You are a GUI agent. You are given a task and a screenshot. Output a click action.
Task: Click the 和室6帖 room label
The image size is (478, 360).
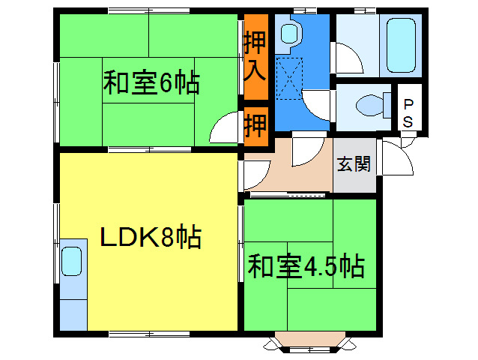(151, 82)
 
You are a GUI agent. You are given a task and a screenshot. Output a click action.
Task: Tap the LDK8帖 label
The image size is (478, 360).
(150, 238)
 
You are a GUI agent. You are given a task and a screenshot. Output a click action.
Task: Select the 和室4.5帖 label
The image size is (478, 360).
(306, 265)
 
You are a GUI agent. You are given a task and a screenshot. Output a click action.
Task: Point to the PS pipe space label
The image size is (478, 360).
(408, 112)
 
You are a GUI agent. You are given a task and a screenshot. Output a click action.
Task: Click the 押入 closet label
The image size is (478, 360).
(255, 56)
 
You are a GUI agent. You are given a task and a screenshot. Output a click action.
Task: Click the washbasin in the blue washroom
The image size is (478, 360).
(288, 33)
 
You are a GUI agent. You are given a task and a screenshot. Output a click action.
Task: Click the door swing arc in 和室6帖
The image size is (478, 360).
(224, 130)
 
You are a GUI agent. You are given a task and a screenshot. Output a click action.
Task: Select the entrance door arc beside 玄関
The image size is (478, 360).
(397, 159)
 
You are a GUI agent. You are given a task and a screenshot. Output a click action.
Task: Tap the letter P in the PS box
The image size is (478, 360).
(408, 104)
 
